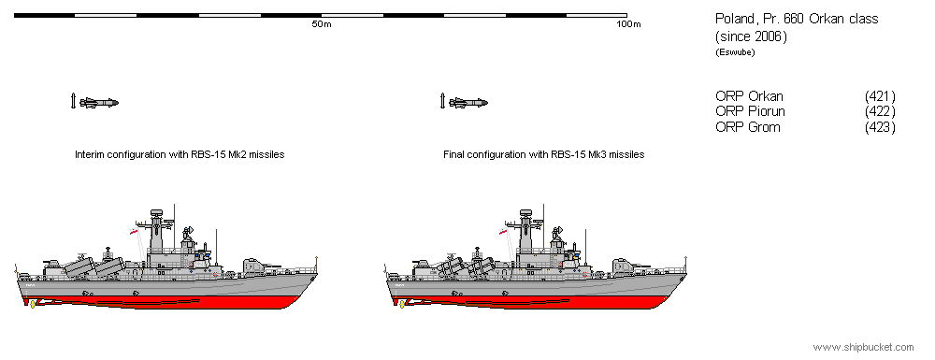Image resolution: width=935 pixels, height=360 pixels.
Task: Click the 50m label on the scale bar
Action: pyautogui.click(x=321, y=24)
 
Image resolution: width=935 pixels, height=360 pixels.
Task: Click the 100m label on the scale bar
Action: pyautogui.click(x=628, y=24)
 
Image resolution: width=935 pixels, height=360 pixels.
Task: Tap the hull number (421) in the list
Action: pyautogui.click(x=880, y=96)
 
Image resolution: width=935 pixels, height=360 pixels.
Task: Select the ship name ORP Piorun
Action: pyautogui.click(x=750, y=111)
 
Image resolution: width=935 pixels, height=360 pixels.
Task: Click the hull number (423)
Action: pyautogui.click(x=880, y=126)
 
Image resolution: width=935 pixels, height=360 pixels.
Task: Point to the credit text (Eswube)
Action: pyautogui.click(x=734, y=52)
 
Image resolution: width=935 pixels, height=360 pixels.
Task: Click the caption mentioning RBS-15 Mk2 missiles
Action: pyautogui.click(x=180, y=154)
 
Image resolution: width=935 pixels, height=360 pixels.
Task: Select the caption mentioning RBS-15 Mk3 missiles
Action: pyautogui.click(x=543, y=154)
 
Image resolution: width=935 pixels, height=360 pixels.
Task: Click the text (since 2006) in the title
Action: pyautogui.click(x=751, y=36)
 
